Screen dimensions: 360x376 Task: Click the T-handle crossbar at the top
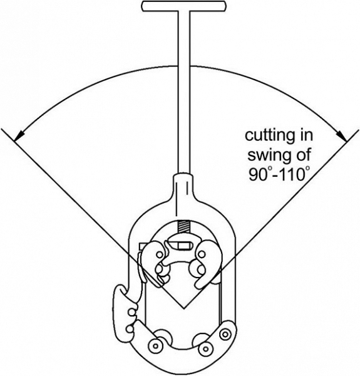183,6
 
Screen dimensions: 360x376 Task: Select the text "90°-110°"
279,174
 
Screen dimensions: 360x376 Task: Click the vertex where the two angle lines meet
183,308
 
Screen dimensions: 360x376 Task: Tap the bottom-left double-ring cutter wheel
155,346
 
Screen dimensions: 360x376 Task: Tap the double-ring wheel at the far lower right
225,334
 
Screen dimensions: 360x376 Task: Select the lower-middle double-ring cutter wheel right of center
205,348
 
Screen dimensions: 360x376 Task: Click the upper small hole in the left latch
131,313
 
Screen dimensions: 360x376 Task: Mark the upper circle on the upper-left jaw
159,254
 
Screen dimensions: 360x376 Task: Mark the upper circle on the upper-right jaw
202,254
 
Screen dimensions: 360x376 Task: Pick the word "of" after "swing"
304,154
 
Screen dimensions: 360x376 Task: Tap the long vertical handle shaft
183,92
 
